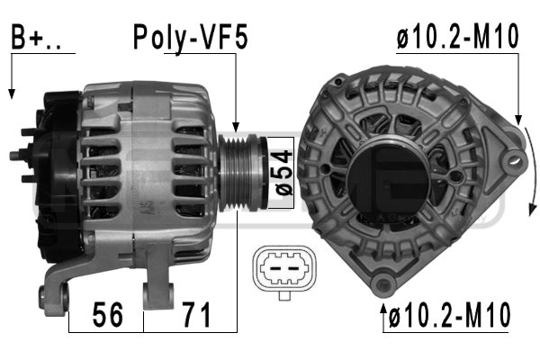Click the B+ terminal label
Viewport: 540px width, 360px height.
tap(36, 37)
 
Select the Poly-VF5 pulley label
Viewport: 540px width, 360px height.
tap(190, 37)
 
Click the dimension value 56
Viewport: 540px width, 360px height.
tap(107, 314)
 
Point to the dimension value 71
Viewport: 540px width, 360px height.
tap(196, 314)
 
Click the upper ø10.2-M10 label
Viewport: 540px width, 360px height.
tap(457, 36)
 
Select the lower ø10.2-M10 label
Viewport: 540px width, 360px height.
tap(449, 314)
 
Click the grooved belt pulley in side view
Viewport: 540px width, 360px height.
tap(242, 172)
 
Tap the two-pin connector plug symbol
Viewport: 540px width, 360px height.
tap(284, 269)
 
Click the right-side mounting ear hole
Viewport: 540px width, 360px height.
tap(514, 161)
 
